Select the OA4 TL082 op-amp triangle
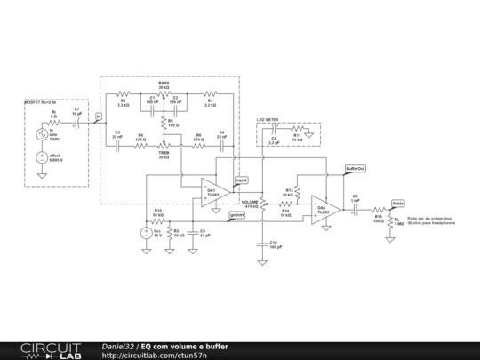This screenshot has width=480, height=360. tap(324, 211)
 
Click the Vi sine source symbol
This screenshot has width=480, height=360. tap(42, 135)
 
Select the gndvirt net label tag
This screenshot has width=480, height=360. tap(236, 214)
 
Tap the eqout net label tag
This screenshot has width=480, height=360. tap(241, 180)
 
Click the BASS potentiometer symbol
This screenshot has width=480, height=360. tap(164, 92)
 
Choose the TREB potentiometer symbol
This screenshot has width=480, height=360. tap(164, 146)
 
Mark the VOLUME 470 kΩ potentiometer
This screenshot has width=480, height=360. tap(263, 197)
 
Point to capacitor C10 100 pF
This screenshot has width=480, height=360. tap(263, 241)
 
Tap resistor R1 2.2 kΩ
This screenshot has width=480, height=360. tap(124, 92)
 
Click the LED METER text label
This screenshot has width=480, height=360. tap(268, 119)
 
